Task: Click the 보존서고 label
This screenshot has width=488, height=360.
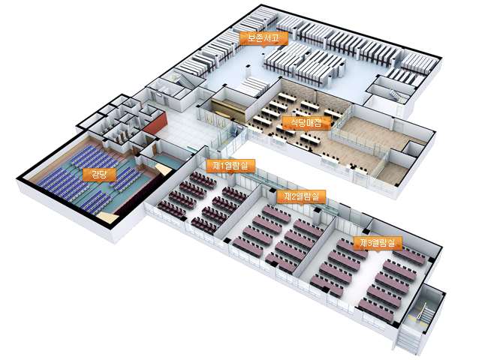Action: [258, 37]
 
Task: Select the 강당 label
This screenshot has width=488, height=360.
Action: [99, 175]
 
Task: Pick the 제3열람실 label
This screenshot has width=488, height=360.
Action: [379, 243]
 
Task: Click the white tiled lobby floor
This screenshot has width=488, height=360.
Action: [184, 131]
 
